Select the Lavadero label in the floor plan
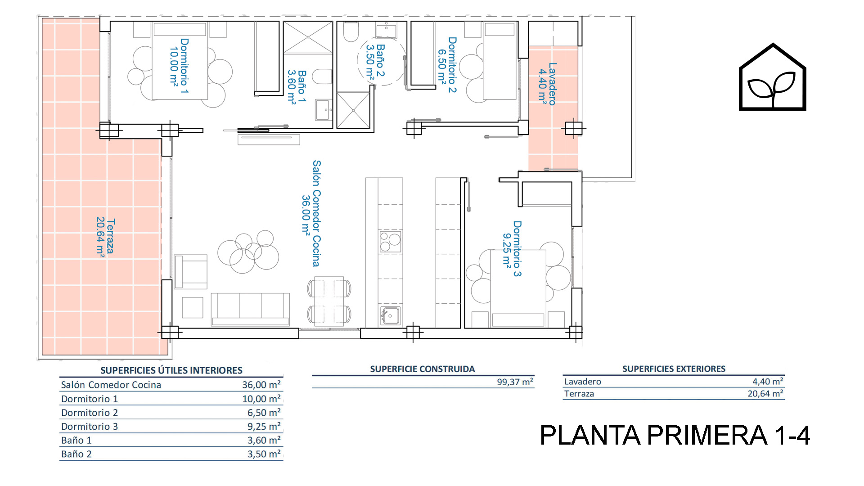(548, 84)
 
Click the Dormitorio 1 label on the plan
(179, 66)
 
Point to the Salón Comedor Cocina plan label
(311, 213)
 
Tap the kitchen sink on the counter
(390, 315)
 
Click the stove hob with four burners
(390, 242)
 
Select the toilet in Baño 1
(322, 76)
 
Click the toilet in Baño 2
(351, 31)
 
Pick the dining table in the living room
(329, 301)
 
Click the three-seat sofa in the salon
(250, 309)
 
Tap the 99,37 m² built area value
(515, 382)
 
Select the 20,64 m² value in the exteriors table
(765, 394)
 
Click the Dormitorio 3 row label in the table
(90, 427)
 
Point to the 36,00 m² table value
(261, 385)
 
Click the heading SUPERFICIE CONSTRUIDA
(423, 369)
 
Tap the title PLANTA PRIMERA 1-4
(675, 435)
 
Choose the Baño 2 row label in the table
(76, 454)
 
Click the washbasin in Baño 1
(324, 110)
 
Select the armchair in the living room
(191, 272)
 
